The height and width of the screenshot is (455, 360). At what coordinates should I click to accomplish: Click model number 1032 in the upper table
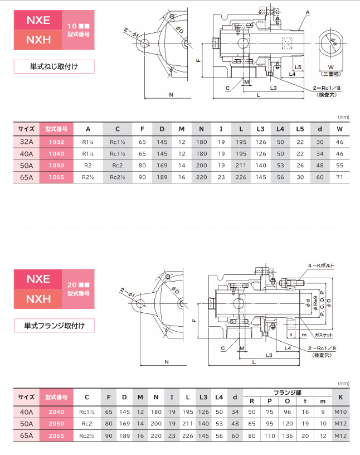click(56, 142)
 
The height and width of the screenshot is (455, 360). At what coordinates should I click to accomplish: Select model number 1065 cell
click(56, 177)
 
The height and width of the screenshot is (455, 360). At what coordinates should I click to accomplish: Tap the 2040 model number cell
click(56, 412)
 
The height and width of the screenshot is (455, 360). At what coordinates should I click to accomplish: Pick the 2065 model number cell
click(56, 435)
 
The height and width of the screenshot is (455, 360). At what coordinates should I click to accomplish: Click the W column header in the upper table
click(339, 129)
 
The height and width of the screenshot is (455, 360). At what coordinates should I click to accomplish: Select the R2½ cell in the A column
click(88, 177)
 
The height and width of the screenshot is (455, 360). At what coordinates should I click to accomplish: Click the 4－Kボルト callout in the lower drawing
click(321, 267)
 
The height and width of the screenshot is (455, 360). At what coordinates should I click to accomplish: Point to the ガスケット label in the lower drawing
click(324, 334)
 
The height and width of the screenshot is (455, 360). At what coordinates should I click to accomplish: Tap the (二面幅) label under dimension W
click(332, 73)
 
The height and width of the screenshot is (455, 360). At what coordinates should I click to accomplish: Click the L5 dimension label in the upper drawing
click(299, 66)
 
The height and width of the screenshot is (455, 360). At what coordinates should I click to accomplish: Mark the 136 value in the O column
click(288, 435)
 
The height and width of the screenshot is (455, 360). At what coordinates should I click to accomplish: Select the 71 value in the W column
click(339, 177)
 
